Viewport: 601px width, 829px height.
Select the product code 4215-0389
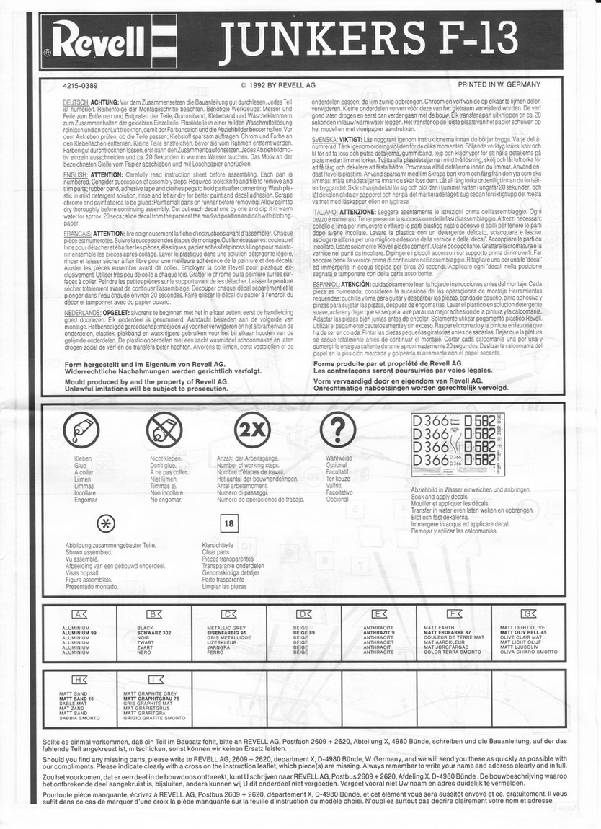(x=81, y=85)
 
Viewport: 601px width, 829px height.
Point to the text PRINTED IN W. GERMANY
(x=499, y=85)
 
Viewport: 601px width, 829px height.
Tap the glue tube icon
(x=81, y=430)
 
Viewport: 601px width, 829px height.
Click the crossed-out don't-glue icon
(x=164, y=430)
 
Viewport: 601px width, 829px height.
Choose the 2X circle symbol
(x=252, y=430)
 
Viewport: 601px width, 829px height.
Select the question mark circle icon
(x=333, y=430)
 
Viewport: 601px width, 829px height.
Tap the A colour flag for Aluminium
(x=79, y=614)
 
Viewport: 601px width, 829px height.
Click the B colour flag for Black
(x=154, y=614)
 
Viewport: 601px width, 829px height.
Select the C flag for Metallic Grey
(x=229, y=614)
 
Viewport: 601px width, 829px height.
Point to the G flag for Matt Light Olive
(x=529, y=614)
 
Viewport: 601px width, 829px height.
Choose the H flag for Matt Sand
(x=79, y=679)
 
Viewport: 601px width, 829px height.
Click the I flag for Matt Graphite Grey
(x=154, y=679)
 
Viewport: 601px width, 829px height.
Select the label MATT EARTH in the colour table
(x=441, y=628)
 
